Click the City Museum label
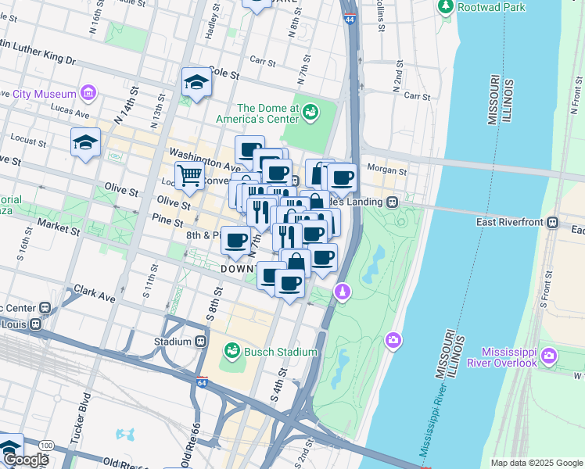[x=46, y=94]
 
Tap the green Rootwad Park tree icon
[x=446, y=7]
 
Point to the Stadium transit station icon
[x=201, y=342]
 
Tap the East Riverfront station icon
[x=552, y=222]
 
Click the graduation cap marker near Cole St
[x=196, y=81]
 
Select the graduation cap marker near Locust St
[x=85, y=141]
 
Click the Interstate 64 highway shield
[x=202, y=382]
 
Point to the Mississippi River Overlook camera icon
[x=549, y=356]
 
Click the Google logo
[x=25, y=460]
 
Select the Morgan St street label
[x=391, y=171]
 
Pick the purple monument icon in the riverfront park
[x=341, y=292]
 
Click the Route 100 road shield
[x=46, y=446]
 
